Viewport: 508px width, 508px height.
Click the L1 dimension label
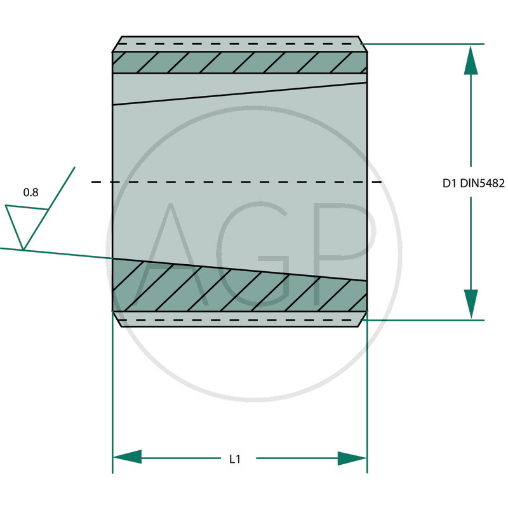click(x=234, y=458)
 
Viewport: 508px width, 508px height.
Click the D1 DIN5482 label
click(x=473, y=183)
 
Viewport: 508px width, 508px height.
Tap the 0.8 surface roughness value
click(x=30, y=192)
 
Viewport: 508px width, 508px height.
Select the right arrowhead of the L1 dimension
click(x=352, y=458)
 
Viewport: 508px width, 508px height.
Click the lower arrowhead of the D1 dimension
click(x=471, y=303)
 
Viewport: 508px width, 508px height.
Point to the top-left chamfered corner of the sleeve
click(x=117, y=44)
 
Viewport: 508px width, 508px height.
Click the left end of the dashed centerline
click(x=94, y=182)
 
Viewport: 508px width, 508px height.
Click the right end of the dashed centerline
click(x=380, y=182)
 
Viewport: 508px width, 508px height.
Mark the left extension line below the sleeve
click(x=112, y=394)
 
